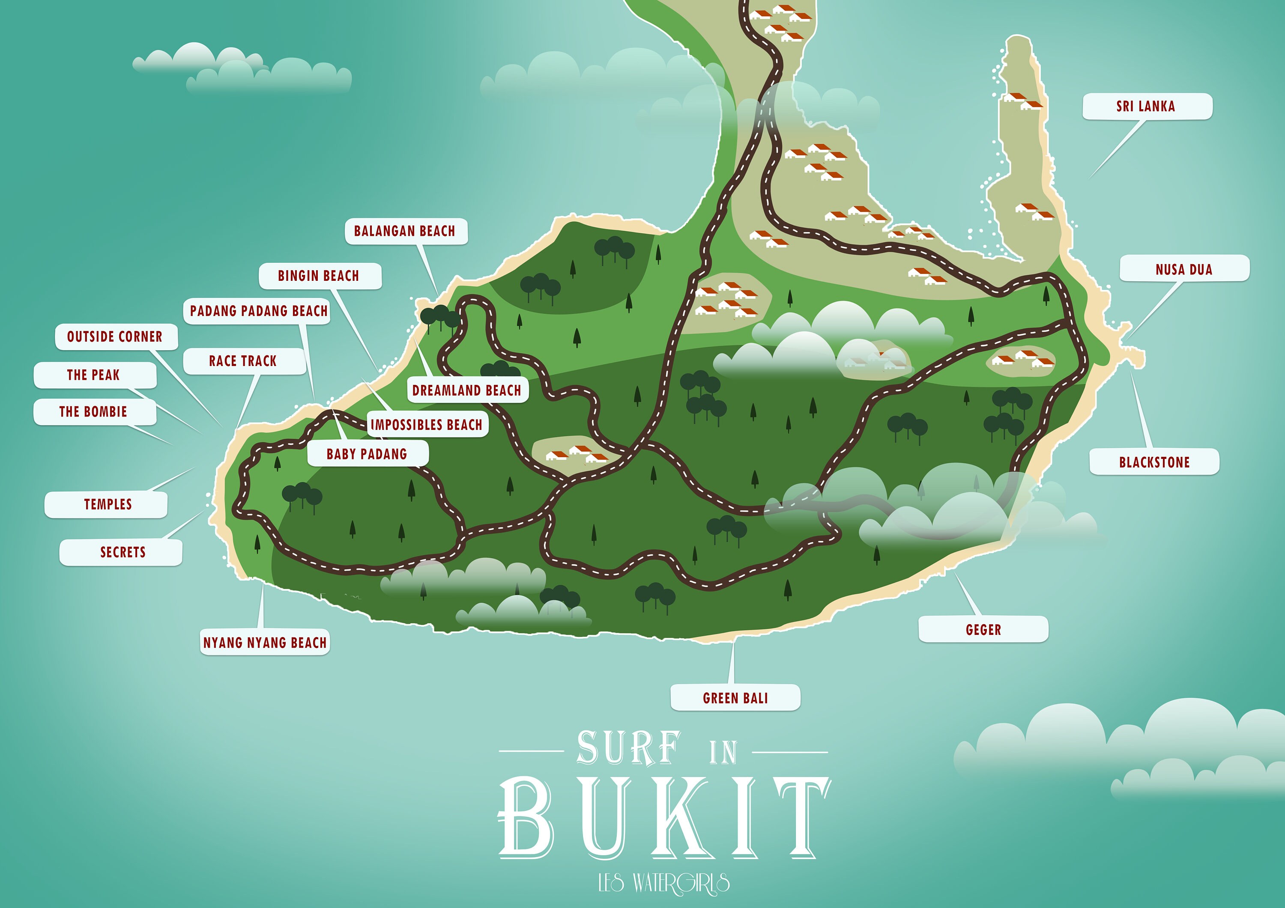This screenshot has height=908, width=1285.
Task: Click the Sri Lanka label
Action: click(x=1146, y=106)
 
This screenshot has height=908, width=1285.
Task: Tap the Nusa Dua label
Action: click(x=1184, y=269)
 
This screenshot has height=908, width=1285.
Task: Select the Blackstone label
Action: click(x=1154, y=462)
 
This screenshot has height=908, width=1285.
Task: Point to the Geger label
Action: click(x=983, y=629)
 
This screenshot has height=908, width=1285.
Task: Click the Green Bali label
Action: click(x=735, y=698)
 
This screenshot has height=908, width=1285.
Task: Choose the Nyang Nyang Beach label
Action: click(x=265, y=642)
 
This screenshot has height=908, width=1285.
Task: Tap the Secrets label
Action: click(x=122, y=552)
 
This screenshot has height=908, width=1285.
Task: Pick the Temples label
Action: click(x=108, y=504)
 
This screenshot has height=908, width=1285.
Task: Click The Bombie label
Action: click(x=93, y=412)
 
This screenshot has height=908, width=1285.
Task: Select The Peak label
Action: click(x=93, y=375)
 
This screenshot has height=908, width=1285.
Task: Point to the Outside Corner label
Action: click(x=115, y=336)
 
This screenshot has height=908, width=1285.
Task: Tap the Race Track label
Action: click(x=243, y=361)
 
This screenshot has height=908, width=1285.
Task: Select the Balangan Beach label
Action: click(x=405, y=230)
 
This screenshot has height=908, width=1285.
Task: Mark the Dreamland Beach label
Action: click(x=467, y=390)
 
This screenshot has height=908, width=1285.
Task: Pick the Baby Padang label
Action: click(x=367, y=454)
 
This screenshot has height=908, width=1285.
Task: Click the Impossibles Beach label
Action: click(x=427, y=425)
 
